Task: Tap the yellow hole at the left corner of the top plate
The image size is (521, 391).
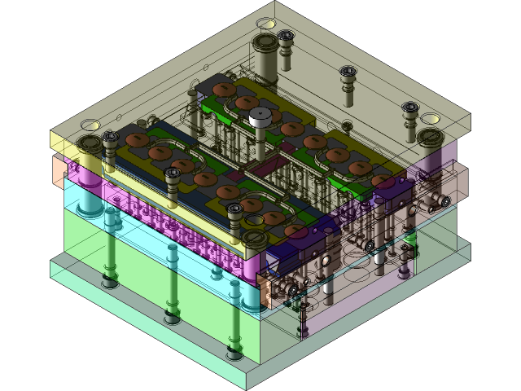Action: pos(90,125)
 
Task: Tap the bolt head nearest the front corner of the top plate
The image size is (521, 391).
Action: pos(235,210)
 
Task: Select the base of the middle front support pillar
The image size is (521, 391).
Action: pos(172,317)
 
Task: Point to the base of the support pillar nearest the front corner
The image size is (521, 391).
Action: pos(234,353)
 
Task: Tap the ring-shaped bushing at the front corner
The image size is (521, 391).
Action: pos(255,238)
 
